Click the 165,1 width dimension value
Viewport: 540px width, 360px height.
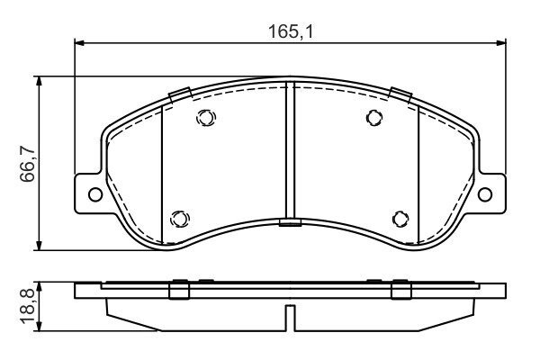tap(291, 32)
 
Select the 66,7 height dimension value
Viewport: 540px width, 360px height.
tap(28, 164)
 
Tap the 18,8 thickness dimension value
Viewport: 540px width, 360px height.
tap(28, 306)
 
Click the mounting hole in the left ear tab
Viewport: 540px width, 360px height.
tap(95, 194)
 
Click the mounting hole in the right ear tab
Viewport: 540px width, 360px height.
tap(485, 194)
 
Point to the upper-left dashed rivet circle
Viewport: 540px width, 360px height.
tap(206, 118)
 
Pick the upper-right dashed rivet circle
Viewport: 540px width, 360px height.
tap(374, 118)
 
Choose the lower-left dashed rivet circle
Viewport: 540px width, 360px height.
tap(180, 219)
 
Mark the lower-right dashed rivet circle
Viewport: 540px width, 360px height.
tap(400, 219)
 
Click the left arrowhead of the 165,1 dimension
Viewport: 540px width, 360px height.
tap(79, 42)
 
